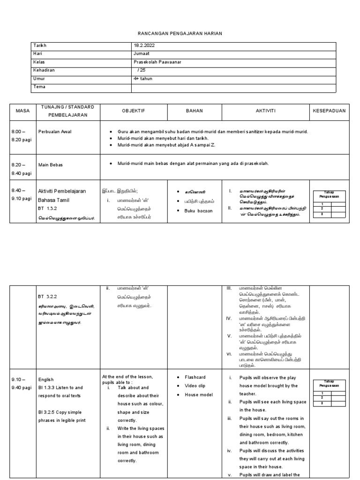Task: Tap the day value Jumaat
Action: point(142,54)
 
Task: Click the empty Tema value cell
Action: point(233,87)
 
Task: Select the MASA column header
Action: point(22,111)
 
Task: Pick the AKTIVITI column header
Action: point(265,111)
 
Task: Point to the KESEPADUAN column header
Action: point(329,111)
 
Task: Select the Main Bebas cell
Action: point(50,165)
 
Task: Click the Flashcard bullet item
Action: point(195,377)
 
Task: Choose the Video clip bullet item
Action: point(195,386)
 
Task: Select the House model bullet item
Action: point(198,395)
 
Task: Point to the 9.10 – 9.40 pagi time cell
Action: point(22,383)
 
